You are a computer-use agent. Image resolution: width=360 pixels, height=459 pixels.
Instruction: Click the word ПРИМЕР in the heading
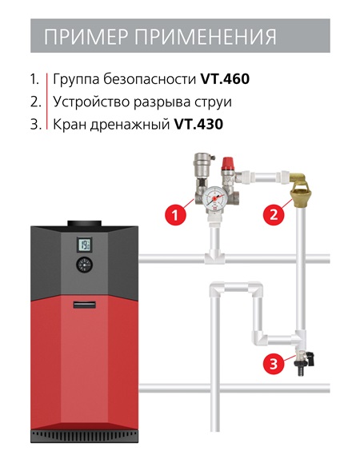coord(86,36)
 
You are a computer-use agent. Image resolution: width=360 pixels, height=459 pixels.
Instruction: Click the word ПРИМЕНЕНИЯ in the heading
coord(205,36)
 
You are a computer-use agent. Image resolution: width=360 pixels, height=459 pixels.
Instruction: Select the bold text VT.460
coord(225,78)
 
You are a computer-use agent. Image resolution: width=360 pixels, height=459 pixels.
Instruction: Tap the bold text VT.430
coord(198,124)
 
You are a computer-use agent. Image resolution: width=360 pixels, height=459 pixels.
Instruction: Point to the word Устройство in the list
coord(91,102)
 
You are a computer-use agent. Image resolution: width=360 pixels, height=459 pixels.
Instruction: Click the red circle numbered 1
coord(175,215)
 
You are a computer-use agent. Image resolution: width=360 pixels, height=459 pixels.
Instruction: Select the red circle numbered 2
coord(274,215)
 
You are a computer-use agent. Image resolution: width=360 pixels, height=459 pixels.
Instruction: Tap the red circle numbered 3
coord(274,365)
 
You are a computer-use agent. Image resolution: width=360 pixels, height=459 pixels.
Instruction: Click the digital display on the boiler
coord(85,245)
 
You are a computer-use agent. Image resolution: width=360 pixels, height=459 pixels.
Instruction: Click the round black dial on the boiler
coord(85,265)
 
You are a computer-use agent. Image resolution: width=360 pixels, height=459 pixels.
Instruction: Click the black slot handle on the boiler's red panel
coord(85,304)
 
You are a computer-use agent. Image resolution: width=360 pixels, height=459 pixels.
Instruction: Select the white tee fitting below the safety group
coord(214,257)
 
